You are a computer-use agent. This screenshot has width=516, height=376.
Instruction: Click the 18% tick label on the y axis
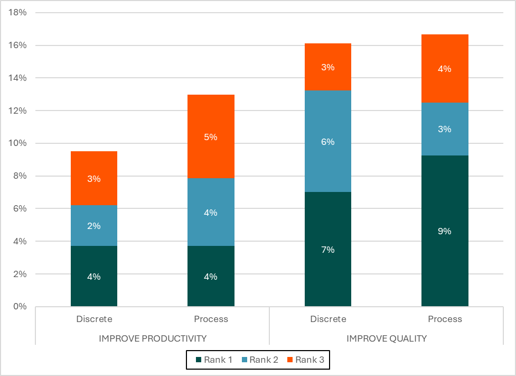pyautogui.click(x=18, y=13)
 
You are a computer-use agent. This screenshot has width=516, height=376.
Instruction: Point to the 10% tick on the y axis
pyautogui.click(x=18, y=143)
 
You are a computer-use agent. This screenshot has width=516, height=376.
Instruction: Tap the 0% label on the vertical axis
pyautogui.click(x=20, y=307)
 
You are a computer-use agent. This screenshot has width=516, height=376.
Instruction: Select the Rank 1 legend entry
pyautogui.click(x=214, y=360)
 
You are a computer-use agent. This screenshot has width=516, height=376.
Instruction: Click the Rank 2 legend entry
pyautogui.click(x=259, y=360)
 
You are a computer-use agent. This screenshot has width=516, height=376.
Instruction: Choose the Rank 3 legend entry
pyautogui.click(x=305, y=360)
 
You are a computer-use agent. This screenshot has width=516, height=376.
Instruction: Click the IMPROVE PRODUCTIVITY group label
pyautogui.click(x=153, y=338)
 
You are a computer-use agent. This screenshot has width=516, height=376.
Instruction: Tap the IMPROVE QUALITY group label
pyautogui.click(x=387, y=338)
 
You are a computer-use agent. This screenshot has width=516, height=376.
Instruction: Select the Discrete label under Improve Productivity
pyautogui.click(x=94, y=319)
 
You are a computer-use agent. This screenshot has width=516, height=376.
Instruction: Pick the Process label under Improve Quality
pyautogui.click(x=445, y=319)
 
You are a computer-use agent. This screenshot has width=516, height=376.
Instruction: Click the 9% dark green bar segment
pyautogui.click(x=445, y=231)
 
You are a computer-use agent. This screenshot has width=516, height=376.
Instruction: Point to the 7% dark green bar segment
pyautogui.click(x=328, y=249)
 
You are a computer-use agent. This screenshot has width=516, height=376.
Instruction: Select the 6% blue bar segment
pyautogui.click(x=328, y=142)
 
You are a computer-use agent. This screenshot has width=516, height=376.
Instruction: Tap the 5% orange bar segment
pyautogui.click(x=211, y=137)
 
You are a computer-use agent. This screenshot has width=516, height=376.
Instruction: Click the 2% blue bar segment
pyautogui.click(x=94, y=226)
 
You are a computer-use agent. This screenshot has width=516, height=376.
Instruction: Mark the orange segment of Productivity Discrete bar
pyautogui.click(x=94, y=178)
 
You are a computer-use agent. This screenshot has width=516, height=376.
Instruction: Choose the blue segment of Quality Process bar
pyautogui.click(x=445, y=129)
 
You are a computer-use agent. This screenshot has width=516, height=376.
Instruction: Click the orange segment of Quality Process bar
pyautogui.click(x=445, y=68)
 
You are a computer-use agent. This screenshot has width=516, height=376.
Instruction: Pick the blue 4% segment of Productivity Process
pyautogui.click(x=211, y=213)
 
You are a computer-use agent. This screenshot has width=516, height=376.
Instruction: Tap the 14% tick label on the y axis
pyautogui.click(x=18, y=78)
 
